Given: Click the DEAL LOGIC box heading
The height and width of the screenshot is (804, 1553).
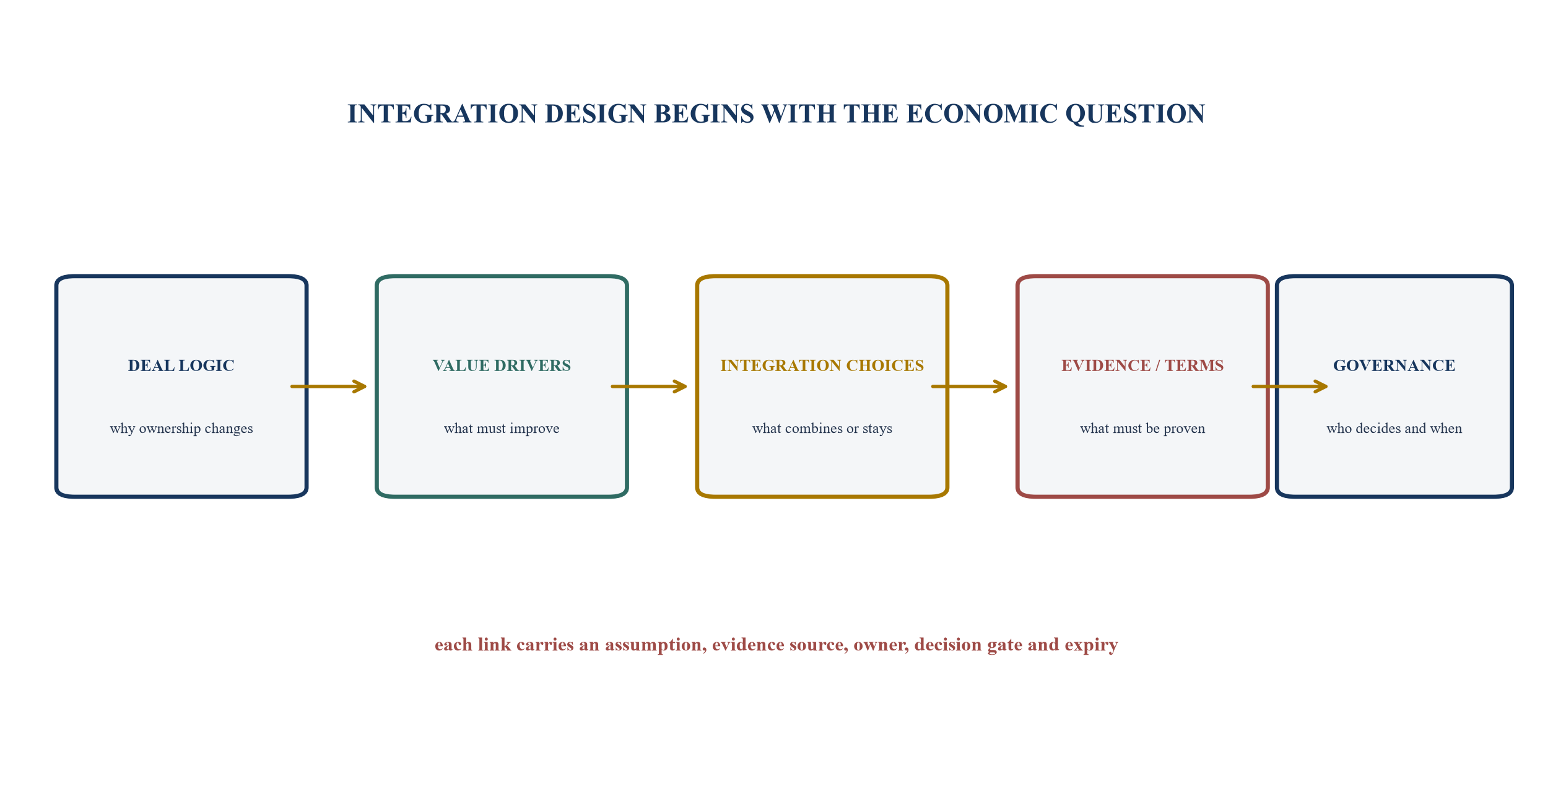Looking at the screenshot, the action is (x=181, y=365).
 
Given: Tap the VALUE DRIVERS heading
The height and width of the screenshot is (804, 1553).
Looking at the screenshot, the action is (x=502, y=365).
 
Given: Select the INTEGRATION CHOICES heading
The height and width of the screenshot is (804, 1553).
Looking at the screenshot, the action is (x=822, y=365).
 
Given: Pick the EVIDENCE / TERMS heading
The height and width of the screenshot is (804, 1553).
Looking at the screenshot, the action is (x=1142, y=365).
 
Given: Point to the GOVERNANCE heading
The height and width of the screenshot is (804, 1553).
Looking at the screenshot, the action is (x=1394, y=365).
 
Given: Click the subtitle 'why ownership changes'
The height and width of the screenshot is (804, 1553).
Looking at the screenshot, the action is (x=181, y=429).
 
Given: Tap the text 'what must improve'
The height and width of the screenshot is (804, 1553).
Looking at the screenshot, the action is (x=502, y=429).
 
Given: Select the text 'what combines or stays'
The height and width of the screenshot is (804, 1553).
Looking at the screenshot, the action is (x=822, y=429).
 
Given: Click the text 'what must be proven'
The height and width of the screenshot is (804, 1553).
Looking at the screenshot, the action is (x=1142, y=429).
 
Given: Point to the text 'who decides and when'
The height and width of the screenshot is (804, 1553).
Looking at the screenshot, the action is (x=1394, y=429).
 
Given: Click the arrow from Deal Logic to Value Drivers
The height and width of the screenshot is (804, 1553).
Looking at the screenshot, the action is (x=329, y=387).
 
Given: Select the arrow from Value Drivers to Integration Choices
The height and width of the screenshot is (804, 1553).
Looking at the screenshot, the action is (x=649, y=387).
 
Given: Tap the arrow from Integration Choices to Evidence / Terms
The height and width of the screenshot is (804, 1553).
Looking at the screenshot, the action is (x=970, y=387).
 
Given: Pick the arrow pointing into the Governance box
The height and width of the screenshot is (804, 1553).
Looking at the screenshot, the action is (x=1290, y=387).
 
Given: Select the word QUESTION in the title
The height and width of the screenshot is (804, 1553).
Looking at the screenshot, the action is (x=1136, y=115).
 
